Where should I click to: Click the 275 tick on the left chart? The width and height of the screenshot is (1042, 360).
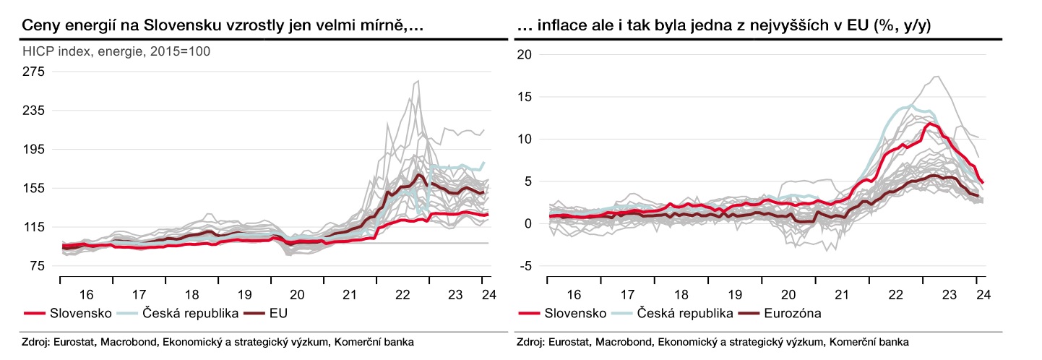click(35, 72)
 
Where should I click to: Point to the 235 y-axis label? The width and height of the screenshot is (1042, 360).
click(35, 111)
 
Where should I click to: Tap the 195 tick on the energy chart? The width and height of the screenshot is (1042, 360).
click(35, 150)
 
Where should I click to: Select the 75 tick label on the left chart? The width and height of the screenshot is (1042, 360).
click(38, 267)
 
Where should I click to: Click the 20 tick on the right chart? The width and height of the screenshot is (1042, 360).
click(525, 54)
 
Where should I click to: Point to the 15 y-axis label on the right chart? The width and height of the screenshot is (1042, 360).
click(525, 97)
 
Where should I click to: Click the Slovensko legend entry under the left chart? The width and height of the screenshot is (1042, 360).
click(80, 313)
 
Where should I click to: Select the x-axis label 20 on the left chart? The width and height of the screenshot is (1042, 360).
click(296, 295)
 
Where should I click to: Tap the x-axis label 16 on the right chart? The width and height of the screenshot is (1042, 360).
click(573, 295)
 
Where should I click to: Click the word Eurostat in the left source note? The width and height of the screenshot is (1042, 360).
click(75, 342)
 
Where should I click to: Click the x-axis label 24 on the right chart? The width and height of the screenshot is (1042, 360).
click(982, 295)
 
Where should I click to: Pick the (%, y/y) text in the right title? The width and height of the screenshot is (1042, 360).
click(903, 25)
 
